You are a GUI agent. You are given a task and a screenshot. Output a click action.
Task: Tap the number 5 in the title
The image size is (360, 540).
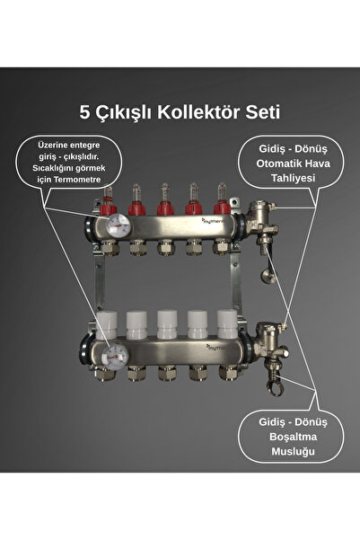tap(85, 113)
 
